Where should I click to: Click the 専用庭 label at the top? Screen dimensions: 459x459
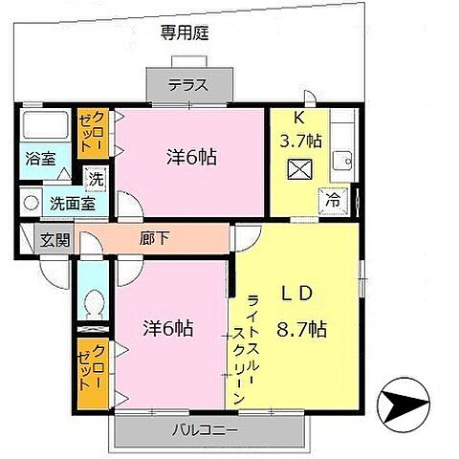pos(186,32)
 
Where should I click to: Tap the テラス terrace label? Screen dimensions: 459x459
pos(188,84)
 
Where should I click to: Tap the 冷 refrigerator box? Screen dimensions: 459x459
pos(333,201)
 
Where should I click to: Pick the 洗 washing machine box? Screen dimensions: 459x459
pos(97,177)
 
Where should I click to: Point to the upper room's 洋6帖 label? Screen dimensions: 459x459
pos(192,158)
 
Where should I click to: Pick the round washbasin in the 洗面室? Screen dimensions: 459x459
pos(31,203)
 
